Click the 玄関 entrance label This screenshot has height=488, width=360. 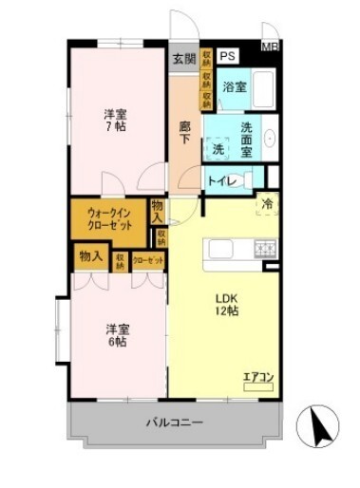click(x=183, y=60)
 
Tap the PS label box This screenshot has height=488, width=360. click(x=227, y=57)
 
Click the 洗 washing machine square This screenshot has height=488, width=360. click(x=218, y=149)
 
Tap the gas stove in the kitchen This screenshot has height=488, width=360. click(x=263, y=248)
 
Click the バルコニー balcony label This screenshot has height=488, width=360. click(x=174, y=422)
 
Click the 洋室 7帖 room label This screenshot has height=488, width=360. click(x=115, y=122)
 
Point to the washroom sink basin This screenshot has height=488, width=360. click(x=268, y=139)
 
